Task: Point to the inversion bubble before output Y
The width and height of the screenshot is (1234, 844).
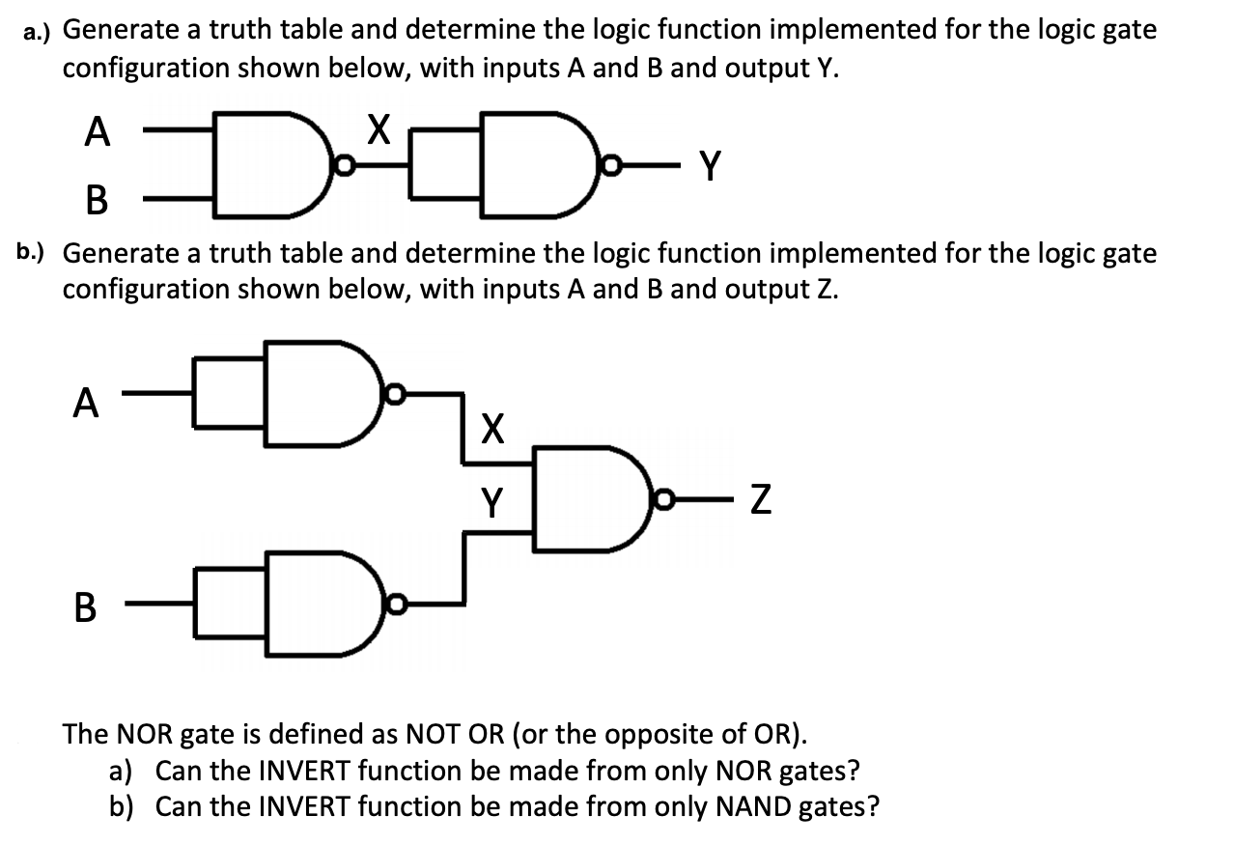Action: click(610, 167)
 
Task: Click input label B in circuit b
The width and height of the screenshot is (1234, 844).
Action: click(85, 607)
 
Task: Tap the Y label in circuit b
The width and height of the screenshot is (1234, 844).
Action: click(491, 500)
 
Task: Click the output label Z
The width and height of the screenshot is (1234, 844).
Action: click(762, 502)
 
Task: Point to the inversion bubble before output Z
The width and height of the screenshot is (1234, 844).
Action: click(663, 500)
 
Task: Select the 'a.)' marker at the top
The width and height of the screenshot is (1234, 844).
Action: click(40, 31)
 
